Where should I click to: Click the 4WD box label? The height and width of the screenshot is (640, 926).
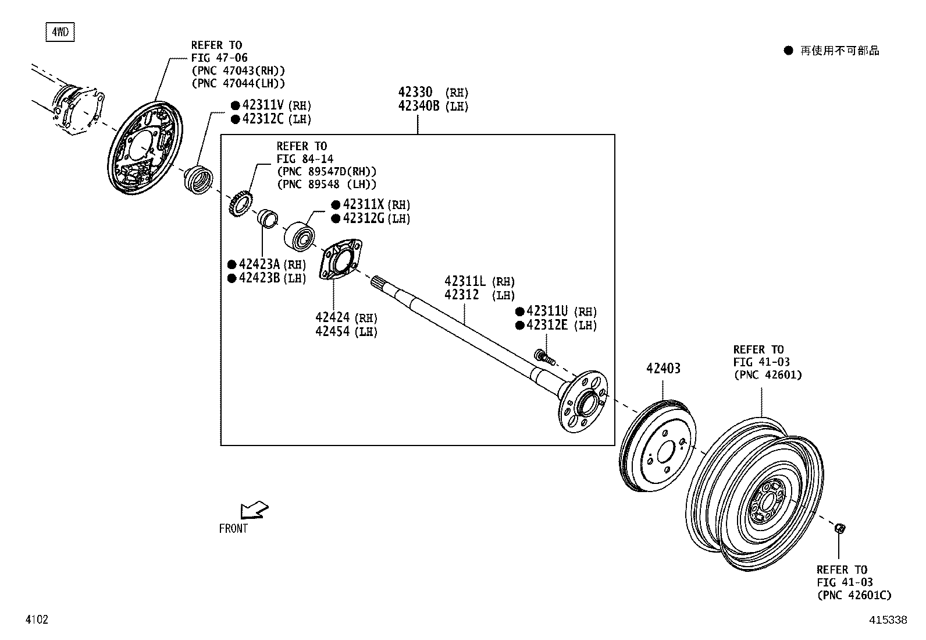pyautogui.click(x=60, y=32)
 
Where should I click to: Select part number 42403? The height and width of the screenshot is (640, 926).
pyautogui.click(x=663, y=368)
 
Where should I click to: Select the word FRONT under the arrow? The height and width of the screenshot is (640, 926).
pyautogui.click(x=233, y=529)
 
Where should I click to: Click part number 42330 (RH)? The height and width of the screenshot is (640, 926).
pyautogui.click(x=415, y=93)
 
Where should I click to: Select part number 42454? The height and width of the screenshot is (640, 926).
pyautogui.click(x=333, y=331)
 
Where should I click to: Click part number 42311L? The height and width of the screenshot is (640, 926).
pyautogui.click(x=465, y=282)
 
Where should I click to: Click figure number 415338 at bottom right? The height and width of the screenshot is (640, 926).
pyautogui.click(x=888, y=620)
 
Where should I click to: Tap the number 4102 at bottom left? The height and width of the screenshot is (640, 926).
pyautogui.click(x=36, y=620)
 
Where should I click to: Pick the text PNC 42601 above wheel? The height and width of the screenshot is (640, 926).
pyautogui.click(x=768, y=374)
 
